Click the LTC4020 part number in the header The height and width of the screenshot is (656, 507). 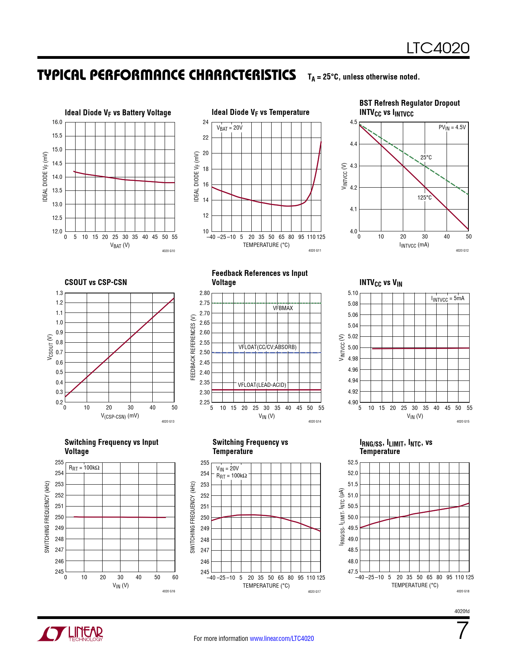(x=437, y=48)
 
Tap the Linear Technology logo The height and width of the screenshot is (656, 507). (x=70, y=634)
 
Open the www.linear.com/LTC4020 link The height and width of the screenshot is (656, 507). (x=282, y=639)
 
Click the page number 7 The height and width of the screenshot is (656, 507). (x=462, y=631)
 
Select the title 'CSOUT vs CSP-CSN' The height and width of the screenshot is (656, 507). (x=95, y=282)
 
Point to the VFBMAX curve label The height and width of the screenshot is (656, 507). (x=283, y=308)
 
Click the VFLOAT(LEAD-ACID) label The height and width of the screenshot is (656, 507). (x=262, y=385)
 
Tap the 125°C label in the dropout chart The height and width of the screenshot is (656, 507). (x=424, y=198)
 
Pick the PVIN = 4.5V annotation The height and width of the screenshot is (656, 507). (x=452, y=127)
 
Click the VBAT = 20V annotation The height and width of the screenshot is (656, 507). (x=229, y=128)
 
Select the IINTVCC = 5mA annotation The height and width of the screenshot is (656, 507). (x=447, y=299)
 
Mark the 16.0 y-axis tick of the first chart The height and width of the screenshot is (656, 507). (x=57, y=122)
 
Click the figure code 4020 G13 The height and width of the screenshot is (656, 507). (x=168, y=421)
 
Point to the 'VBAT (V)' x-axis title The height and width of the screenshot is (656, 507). (x=120, y=245)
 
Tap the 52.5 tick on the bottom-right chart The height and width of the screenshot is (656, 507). (x=353, y=462)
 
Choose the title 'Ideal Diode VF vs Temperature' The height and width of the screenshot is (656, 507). (x=260, y=113)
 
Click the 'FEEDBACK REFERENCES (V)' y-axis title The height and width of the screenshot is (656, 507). (x=193, y=347)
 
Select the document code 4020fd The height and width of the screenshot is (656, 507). (x=462, y=611)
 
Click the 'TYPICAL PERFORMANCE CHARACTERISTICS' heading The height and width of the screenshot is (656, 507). (x=167, y=75)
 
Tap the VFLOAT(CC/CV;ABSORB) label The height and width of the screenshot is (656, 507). (x=267, y=347)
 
